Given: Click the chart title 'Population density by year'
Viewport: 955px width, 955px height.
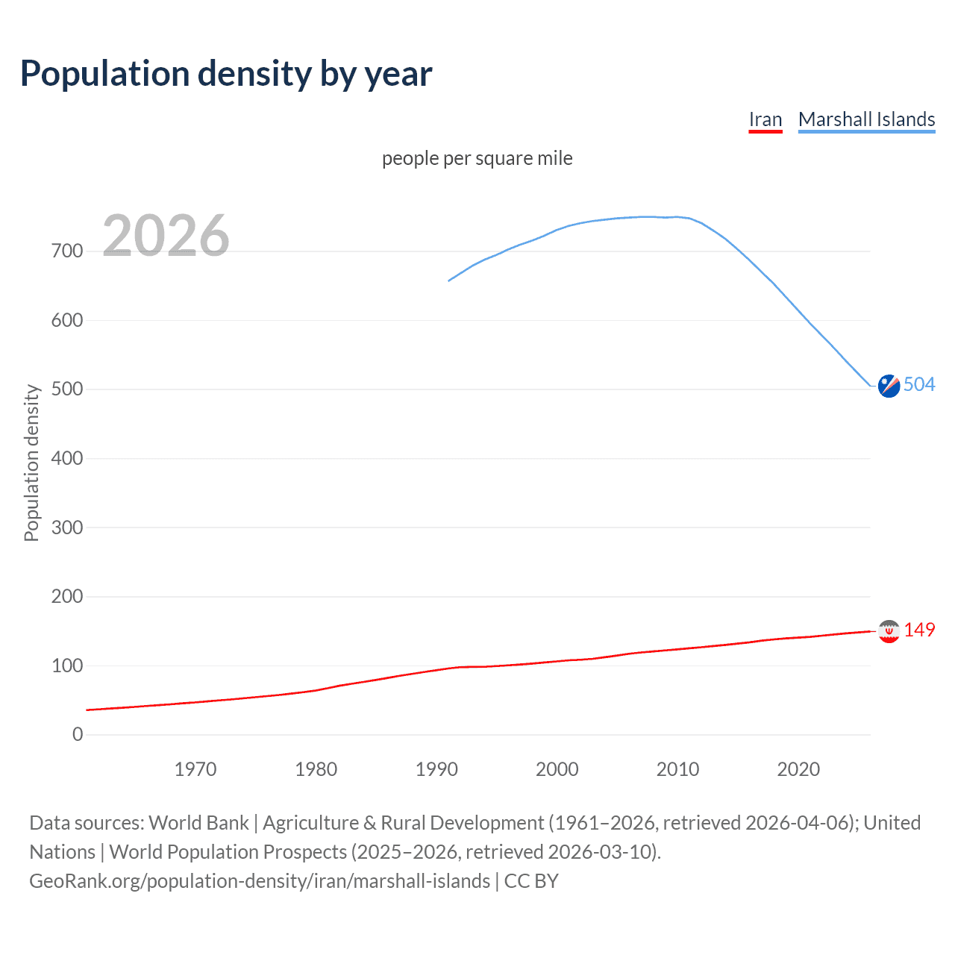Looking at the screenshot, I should click(226, 74).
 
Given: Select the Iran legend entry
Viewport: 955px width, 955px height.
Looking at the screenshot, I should click(765, 119).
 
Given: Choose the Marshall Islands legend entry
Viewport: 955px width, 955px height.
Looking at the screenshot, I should click(866, 119).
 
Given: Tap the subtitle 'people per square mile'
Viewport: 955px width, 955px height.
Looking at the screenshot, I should click(477, 158).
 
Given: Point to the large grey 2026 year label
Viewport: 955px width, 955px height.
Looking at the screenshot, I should click(166, 236).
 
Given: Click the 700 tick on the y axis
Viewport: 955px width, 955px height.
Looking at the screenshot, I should click(67, 251).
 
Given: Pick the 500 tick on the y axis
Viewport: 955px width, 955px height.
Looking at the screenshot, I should click(67, 389).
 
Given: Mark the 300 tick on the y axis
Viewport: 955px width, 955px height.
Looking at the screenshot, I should click(67, 527).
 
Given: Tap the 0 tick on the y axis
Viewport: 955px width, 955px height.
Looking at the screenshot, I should click(78, 734).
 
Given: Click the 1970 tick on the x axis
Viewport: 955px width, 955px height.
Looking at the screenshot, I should click(195, 769).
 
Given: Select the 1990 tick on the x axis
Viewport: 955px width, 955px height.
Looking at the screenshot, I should click(436, 769).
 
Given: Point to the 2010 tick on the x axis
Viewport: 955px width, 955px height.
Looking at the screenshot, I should click(677, 769).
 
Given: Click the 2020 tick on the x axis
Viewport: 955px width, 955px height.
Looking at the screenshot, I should click(798, 769).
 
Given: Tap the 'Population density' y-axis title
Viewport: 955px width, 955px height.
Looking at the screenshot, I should click(31, 463).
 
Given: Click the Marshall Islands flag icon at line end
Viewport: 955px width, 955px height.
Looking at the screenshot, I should click(889, 386).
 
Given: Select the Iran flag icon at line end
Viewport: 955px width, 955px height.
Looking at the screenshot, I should click(889, 631).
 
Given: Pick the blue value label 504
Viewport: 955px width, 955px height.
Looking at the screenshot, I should click(919, 384).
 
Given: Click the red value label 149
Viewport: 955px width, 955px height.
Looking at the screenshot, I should click(919, 630).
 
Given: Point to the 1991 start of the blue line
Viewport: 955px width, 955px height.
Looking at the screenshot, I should click(449, 281).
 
